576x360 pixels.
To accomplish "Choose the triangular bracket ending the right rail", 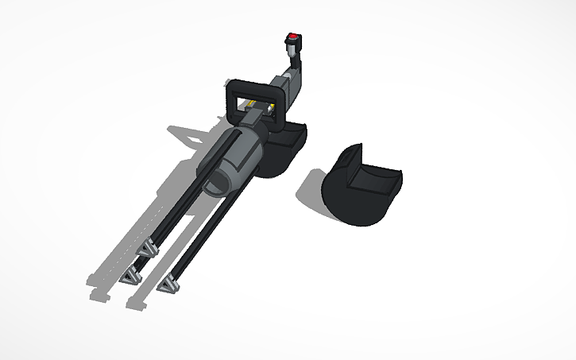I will (x=169, y=283).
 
